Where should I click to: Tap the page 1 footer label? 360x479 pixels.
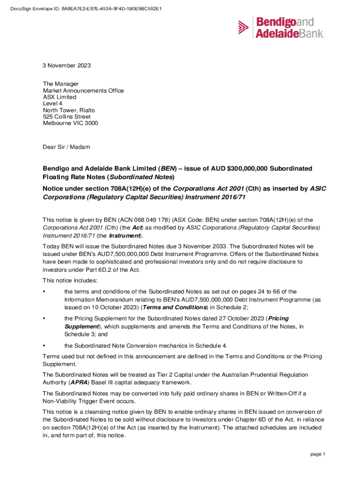[317, 454]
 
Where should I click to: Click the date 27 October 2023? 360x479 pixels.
[241, 319]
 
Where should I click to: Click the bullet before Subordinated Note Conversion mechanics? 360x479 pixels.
[43, 346]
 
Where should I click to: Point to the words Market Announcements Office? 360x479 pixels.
[83, 91]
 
